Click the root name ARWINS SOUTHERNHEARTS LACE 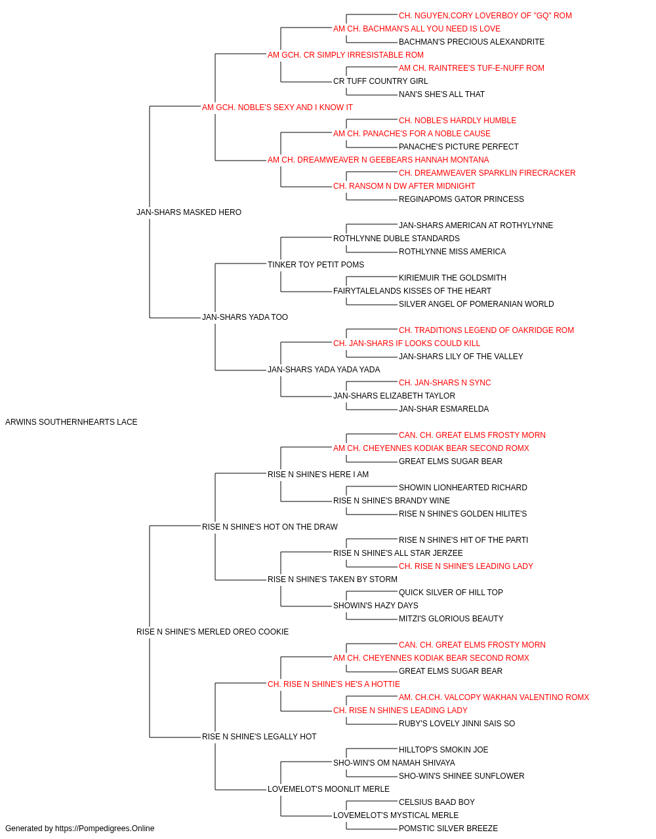(71, 422)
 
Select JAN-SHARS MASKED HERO (188, 212)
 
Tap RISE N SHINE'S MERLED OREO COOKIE (213, 632)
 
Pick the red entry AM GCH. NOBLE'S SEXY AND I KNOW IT (277, 107)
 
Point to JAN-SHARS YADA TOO (245, 317)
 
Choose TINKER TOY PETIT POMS (316, 265)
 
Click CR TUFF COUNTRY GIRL (380, 81)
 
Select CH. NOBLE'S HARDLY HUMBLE (457, 121)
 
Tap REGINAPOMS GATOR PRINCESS (461, 199)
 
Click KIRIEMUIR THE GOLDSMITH (453, 278)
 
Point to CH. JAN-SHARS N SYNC (445, 383)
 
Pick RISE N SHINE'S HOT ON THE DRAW (270, 527)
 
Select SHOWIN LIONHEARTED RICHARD (463, 488)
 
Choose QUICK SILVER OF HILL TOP (451, 593)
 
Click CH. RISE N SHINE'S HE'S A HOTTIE (334, 684)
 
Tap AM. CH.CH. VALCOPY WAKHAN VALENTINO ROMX (494, 697)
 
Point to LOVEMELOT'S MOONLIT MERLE (329, 789)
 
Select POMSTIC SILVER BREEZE (448, 829)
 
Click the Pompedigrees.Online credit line (79, 829)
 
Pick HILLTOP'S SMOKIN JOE (443, 750)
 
